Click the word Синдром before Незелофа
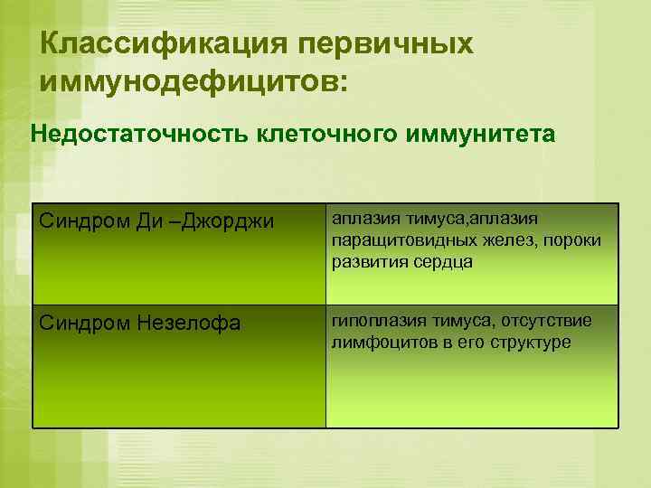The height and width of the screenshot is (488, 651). [80, 323]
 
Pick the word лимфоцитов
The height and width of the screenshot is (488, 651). [379, 343]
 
